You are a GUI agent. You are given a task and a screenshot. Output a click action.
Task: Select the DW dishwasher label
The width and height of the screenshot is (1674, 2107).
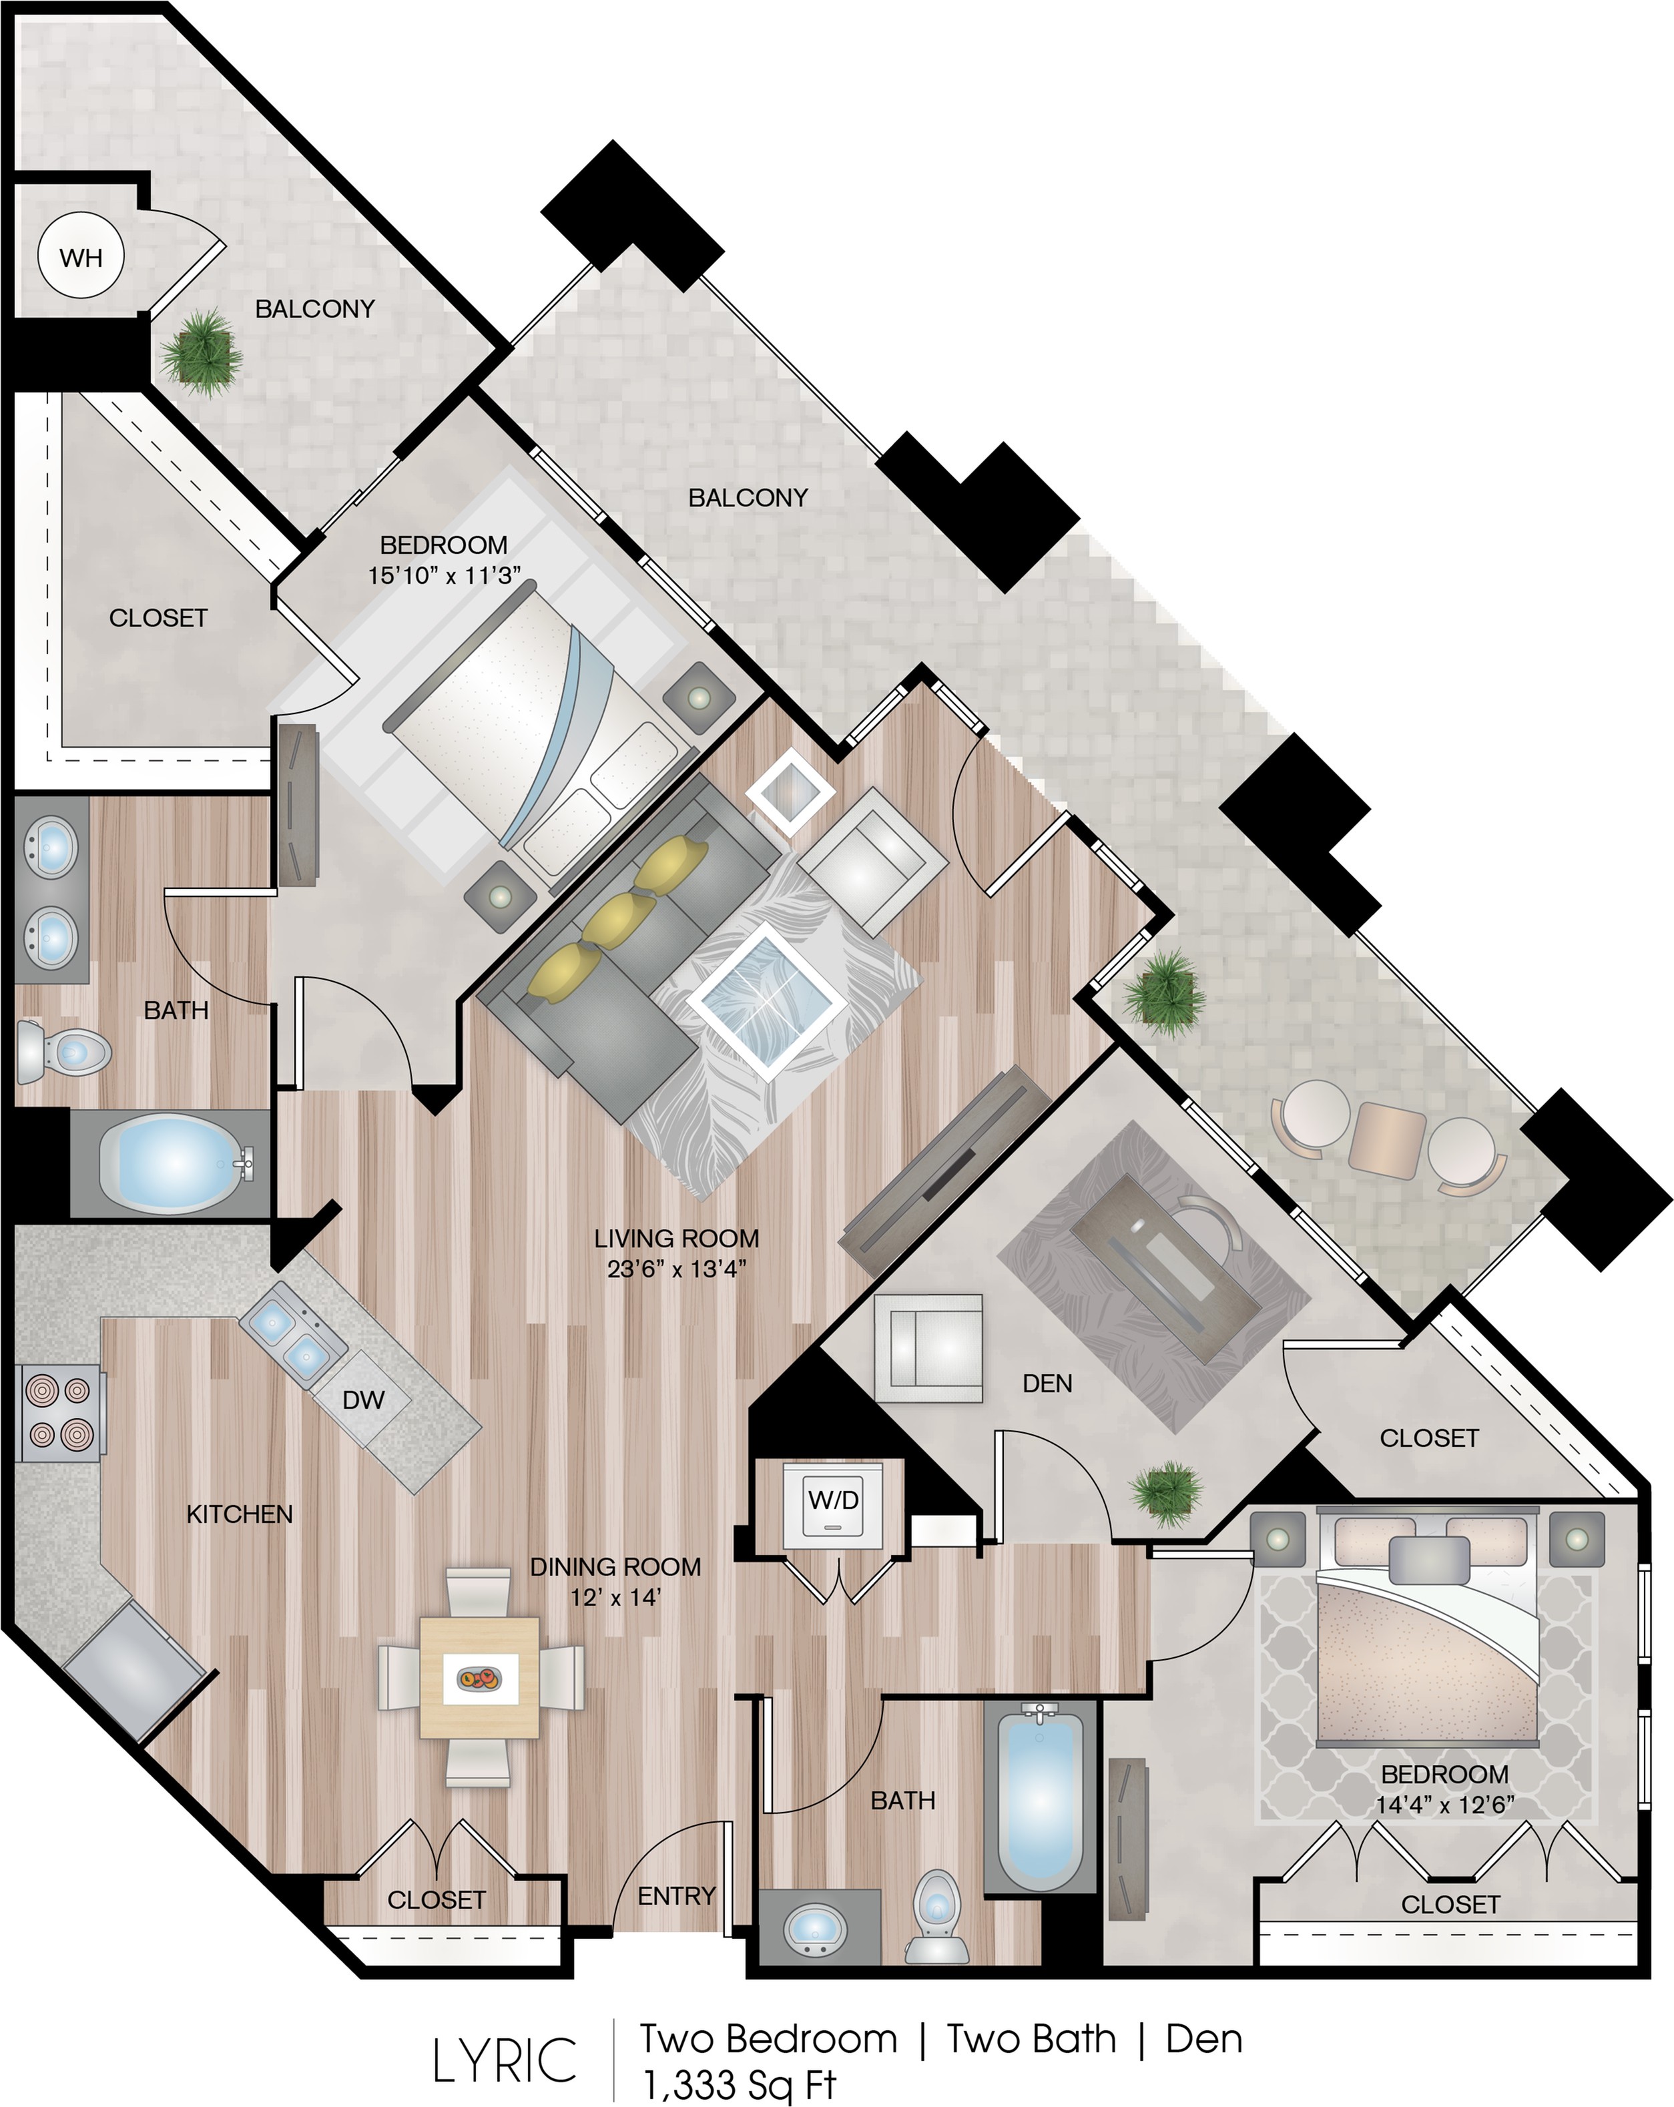tap(364, 1400)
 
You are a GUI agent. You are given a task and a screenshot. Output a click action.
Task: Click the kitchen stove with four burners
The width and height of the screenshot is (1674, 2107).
tap(59, 1413)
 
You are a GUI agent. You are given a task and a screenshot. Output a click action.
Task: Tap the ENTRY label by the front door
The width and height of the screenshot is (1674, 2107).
tap(676, 1896)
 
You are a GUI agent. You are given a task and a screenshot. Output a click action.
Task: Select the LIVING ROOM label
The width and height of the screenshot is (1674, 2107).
tap(676, 1238)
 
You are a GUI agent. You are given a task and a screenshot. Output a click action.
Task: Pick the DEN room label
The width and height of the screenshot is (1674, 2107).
tap(1047, 1384)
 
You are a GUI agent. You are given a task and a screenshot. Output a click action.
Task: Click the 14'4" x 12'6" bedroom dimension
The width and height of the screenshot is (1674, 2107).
tap(1444, 1803)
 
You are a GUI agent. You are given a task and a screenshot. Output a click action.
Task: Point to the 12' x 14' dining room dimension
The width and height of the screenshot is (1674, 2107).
tap(615, 1598)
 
